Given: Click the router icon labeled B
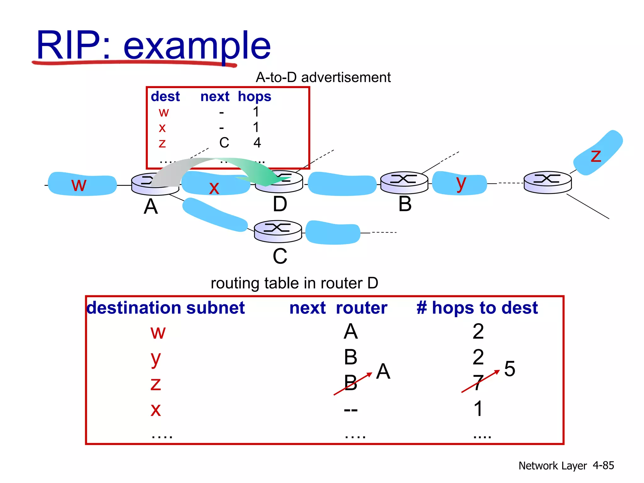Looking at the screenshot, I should point(404,182).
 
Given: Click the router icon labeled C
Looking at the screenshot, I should point(278,231).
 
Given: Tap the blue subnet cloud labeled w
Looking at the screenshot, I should point(82,184).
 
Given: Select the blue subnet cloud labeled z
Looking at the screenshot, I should point(597,153).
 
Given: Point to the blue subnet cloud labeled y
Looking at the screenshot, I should point(459,183).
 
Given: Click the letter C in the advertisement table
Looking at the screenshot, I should point(224,143).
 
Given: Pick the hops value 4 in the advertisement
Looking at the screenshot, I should point(257,143).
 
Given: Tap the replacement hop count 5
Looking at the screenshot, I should point(509,369).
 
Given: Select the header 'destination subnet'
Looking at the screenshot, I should point(166,308).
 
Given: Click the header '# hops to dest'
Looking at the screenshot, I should point(477,308).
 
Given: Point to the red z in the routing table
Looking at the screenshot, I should point(156,384).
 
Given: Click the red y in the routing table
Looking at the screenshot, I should point(156,359).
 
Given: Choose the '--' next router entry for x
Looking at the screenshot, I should point(351,410).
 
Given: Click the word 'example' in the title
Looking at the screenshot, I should point(197,46).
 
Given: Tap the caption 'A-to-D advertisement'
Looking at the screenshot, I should point(323,77).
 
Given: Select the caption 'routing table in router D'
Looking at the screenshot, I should point(294,283).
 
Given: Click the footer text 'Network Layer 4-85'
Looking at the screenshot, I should point(566,465).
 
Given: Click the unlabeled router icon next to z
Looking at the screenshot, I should point(547,182).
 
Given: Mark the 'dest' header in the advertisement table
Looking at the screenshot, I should point(165,97).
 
